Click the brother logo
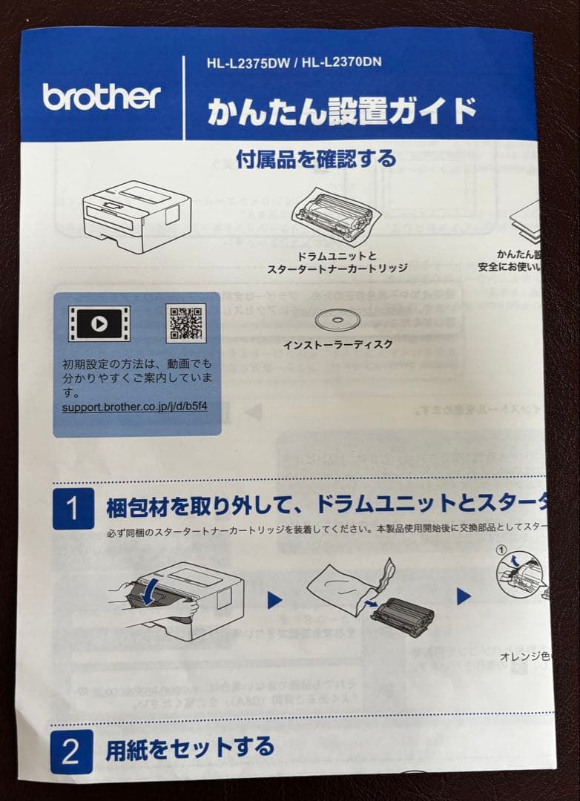(x=102, y=96)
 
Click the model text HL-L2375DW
(x=248, y=62)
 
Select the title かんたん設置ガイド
(x=341, y=111)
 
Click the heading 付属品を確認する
(x=316, y=159)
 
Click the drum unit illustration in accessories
(x=337, y=217)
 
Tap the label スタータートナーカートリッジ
(x=337, y=268)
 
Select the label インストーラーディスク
(x=337, y=345)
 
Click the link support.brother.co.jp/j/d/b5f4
(x=134, y=408)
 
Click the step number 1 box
(x=73, y=509)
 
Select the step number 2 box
(x=71, y=751)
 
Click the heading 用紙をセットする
(x=190, y=748)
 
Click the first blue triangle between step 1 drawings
(x=274, y=600)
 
